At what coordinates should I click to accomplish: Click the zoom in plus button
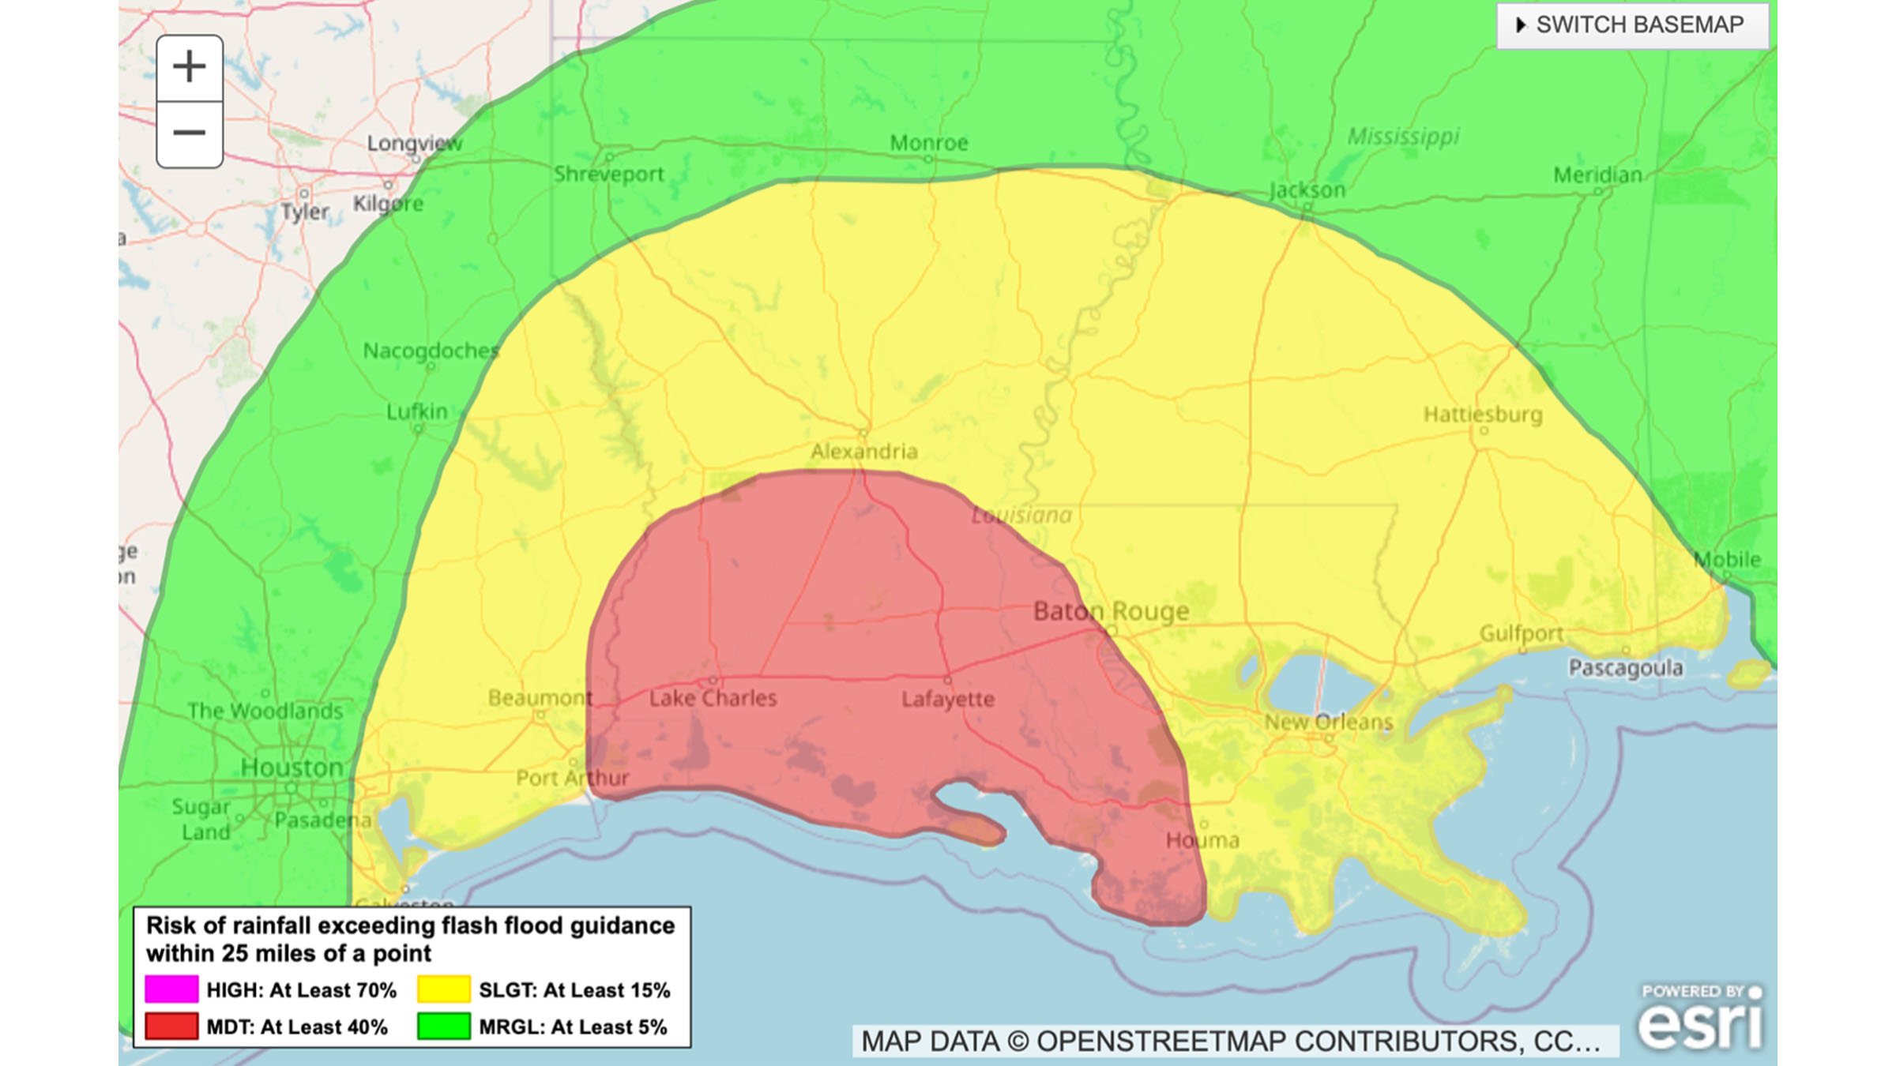[190, 67]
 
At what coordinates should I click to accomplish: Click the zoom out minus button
[190, 133]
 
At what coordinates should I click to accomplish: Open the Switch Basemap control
[1632, 24]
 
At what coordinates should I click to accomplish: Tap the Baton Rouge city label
[1111, 611]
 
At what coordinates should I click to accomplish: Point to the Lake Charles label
[713, 699]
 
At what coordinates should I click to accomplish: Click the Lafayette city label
[948, 700]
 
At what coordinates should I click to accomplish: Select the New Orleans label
[1328, 722]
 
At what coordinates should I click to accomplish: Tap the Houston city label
[292, 768]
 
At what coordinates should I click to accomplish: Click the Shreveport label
[608, 175]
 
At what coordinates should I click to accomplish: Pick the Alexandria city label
[864, 452]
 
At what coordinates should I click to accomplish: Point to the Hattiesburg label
[1483, 415]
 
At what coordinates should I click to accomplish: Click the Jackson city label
[1307, 190]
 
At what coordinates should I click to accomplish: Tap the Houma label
[1202, 840]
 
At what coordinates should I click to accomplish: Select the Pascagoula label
[1626, 668]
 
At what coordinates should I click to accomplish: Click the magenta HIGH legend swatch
[171, 989]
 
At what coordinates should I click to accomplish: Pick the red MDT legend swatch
[171, 1027]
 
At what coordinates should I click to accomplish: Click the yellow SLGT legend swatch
[443, 989]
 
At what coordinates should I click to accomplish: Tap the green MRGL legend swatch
[443, 1027]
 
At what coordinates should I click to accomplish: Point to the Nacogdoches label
[431, 351]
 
